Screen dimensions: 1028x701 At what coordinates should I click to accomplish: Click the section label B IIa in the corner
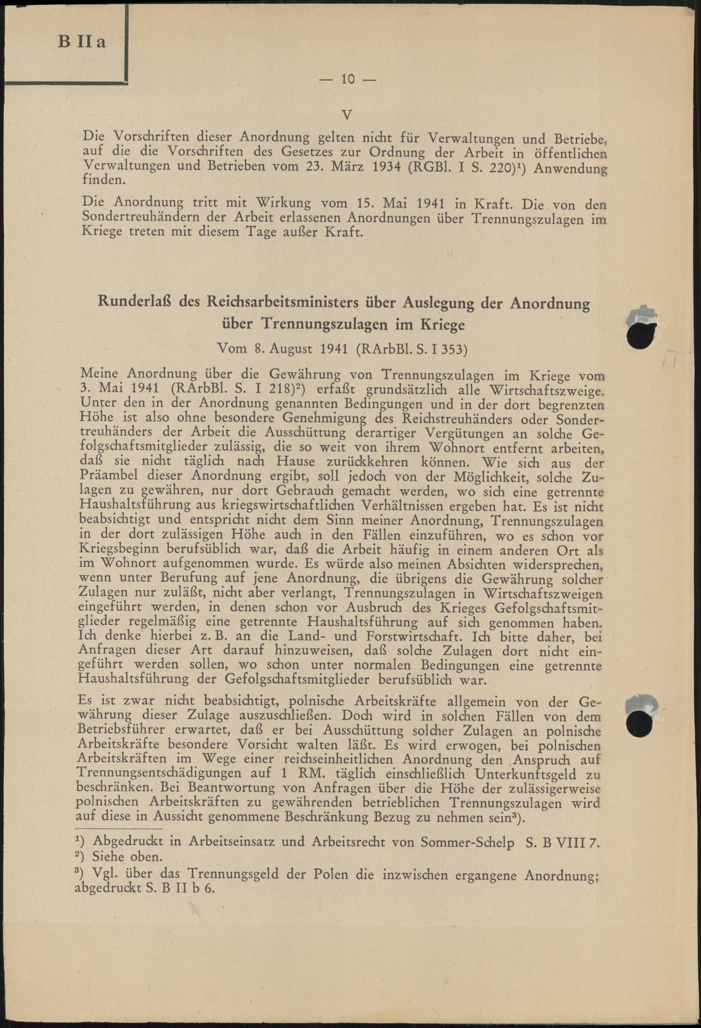(x=82, y=42)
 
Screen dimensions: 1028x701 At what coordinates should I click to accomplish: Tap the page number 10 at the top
(x=347, y=79)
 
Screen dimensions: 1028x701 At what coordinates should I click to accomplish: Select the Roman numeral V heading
(x=347, y=116)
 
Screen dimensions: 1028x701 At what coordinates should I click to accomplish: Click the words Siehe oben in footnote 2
(x=126, y=857)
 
